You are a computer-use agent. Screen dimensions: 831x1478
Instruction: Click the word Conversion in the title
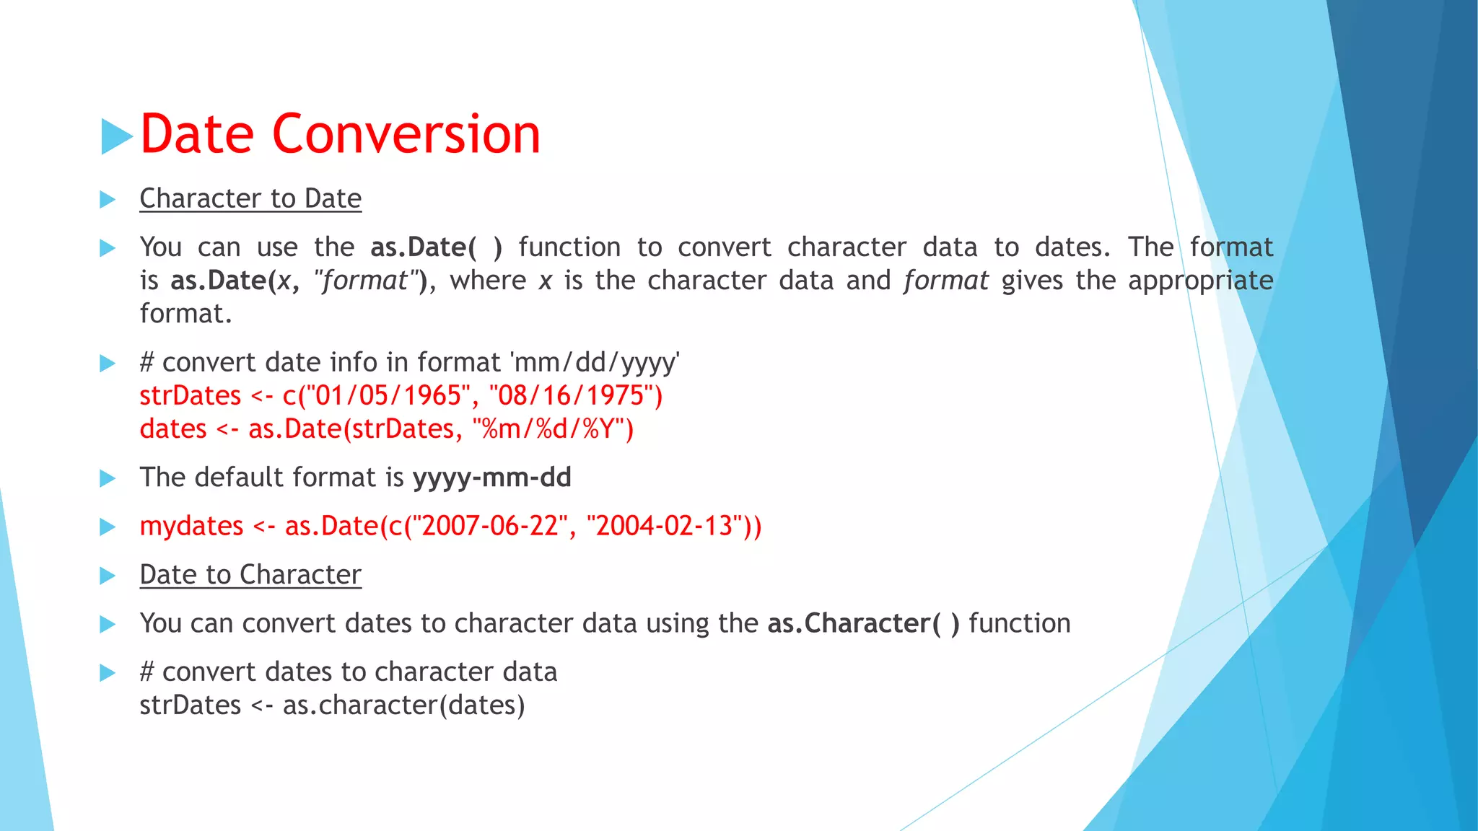click(406, 135)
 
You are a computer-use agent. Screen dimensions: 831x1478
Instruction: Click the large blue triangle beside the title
click(117, 136)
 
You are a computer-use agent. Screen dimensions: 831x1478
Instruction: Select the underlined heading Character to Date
click(250, 198)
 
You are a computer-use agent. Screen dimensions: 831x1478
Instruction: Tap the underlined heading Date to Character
click(250, 575)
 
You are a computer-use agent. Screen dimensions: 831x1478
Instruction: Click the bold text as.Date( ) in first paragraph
click(436, 247)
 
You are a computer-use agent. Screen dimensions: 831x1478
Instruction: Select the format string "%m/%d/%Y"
click(548, 429)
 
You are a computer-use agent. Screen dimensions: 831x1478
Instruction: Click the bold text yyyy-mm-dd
click(491, 478)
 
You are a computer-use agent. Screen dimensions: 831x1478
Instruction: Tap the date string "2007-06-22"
click(490, 526)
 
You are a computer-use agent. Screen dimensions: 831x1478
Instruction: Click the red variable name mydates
click(191, 526)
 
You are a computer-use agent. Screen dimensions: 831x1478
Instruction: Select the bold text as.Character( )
click(863, 623)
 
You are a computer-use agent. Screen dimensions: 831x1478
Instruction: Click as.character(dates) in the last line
click(403, 705)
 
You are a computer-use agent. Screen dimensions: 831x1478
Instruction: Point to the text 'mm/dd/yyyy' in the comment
click(595, 363)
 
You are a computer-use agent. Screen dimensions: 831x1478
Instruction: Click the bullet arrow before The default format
click(108, 478)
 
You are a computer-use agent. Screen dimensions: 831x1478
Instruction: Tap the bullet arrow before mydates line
click(108, 527)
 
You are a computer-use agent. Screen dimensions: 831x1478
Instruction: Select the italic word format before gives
click(945, 281)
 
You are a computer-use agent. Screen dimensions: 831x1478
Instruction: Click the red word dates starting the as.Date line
click(173, 429)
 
